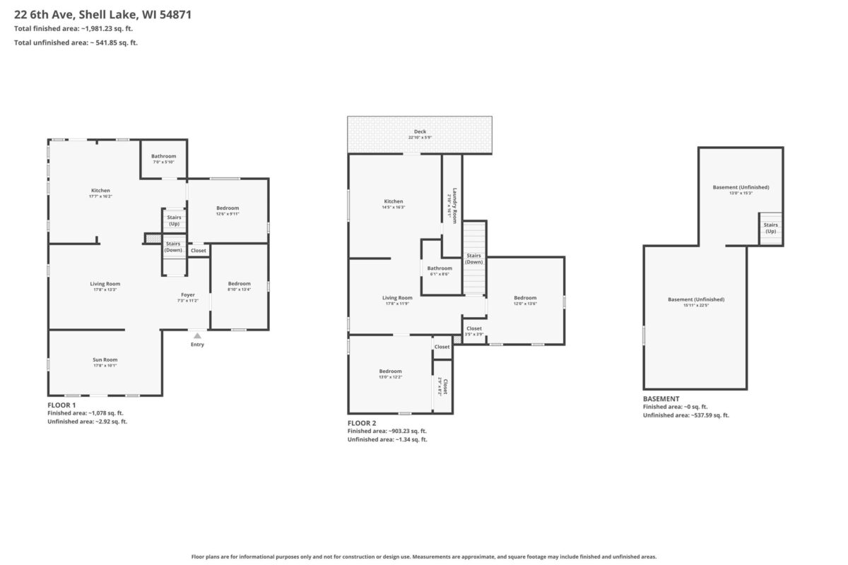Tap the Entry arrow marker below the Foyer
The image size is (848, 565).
coord(197,336)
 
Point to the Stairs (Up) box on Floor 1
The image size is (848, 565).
coord(174,220)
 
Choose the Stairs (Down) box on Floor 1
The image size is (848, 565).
coord(174,247)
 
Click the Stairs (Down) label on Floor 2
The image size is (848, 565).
coord(473,258)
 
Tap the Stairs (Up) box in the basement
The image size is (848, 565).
coord(770,228)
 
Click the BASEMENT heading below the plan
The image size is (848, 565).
coord(661,399)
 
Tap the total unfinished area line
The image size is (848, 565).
coord(76,43)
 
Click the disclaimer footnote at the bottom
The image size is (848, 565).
coord(424,557)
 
